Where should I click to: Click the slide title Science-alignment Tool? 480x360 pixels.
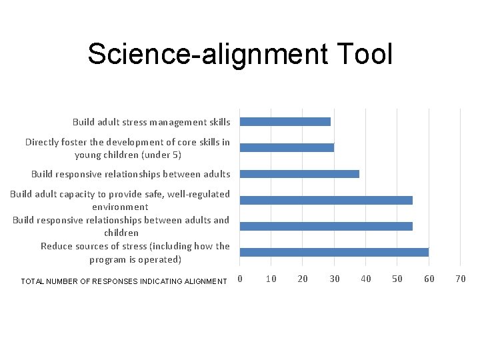(240, 54)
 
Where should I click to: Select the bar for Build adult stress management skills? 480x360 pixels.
(285, 122)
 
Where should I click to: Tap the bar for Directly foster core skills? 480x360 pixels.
(287, 148)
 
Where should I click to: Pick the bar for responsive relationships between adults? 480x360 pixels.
(299, 174)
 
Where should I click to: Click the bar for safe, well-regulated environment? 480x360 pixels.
(326, 200)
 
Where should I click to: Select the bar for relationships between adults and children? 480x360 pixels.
(326, 226)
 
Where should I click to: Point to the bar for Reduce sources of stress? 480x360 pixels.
(334, 252)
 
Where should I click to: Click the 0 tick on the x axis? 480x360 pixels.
(240, 279)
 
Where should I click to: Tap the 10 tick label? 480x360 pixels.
(271, 279)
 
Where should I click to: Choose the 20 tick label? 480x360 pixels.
(303, 279)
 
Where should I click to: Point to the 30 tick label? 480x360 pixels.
(335, 279)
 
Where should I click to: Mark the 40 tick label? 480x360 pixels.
(366, 279)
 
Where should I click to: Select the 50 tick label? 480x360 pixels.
(397, 279)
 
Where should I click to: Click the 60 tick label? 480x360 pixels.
(429, 279)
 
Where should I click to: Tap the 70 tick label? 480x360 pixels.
(460, 279)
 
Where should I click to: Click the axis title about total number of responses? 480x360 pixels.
(124, 281)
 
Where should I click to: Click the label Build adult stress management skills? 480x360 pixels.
(151, 122)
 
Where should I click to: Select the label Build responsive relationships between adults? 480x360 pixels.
(131, 174)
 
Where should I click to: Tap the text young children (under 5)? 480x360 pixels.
(128, 155)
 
